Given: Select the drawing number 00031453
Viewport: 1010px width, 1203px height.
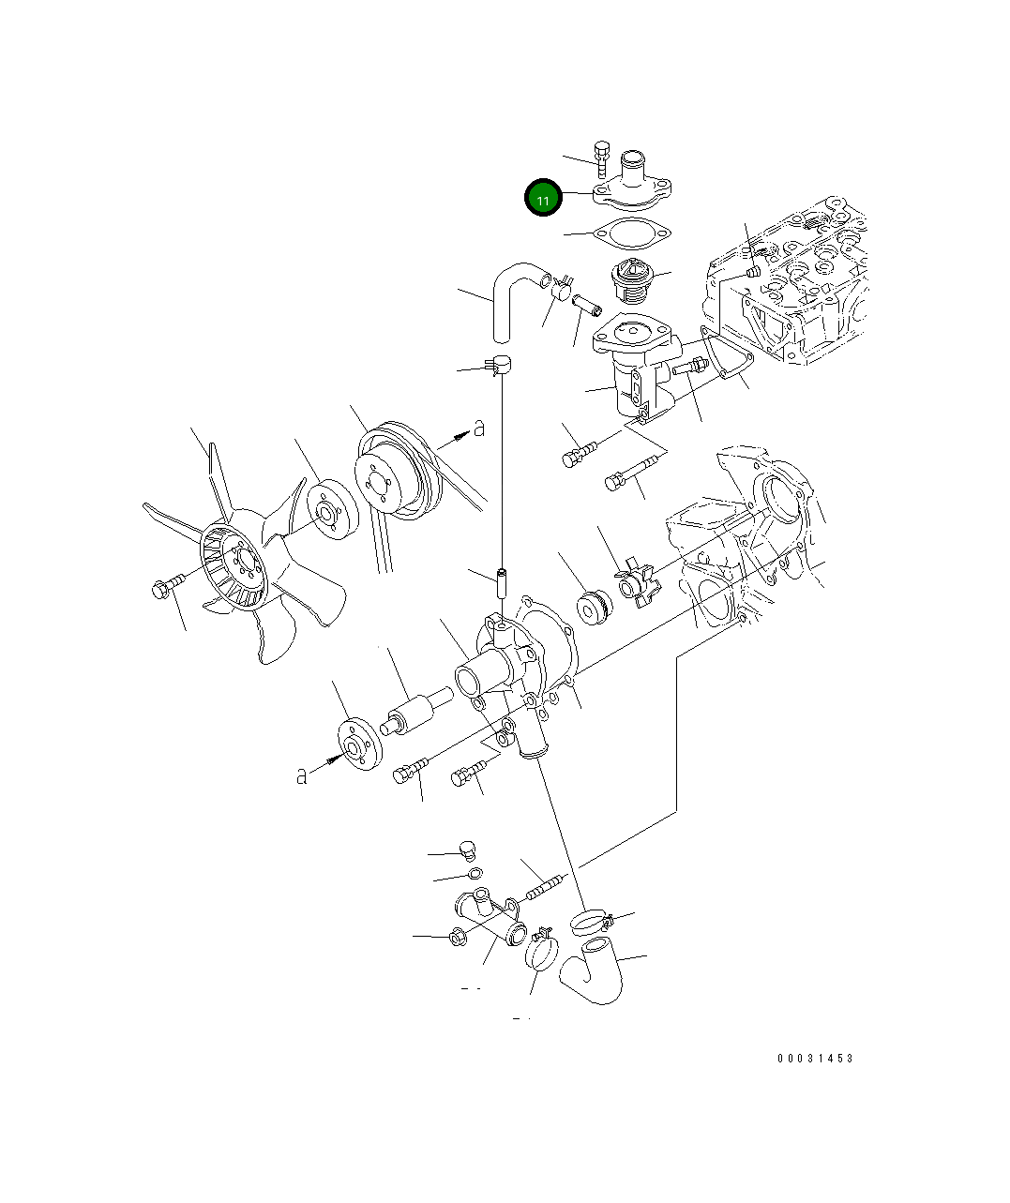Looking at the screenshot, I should coord(815,1059).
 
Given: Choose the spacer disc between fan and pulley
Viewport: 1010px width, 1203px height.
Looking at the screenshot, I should coord(330,510).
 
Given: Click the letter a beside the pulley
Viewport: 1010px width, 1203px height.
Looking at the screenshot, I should coord(478,429).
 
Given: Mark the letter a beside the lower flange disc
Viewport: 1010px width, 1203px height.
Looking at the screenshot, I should coord(301,775).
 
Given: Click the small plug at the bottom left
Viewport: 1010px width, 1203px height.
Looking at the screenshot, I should coord(469,850).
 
